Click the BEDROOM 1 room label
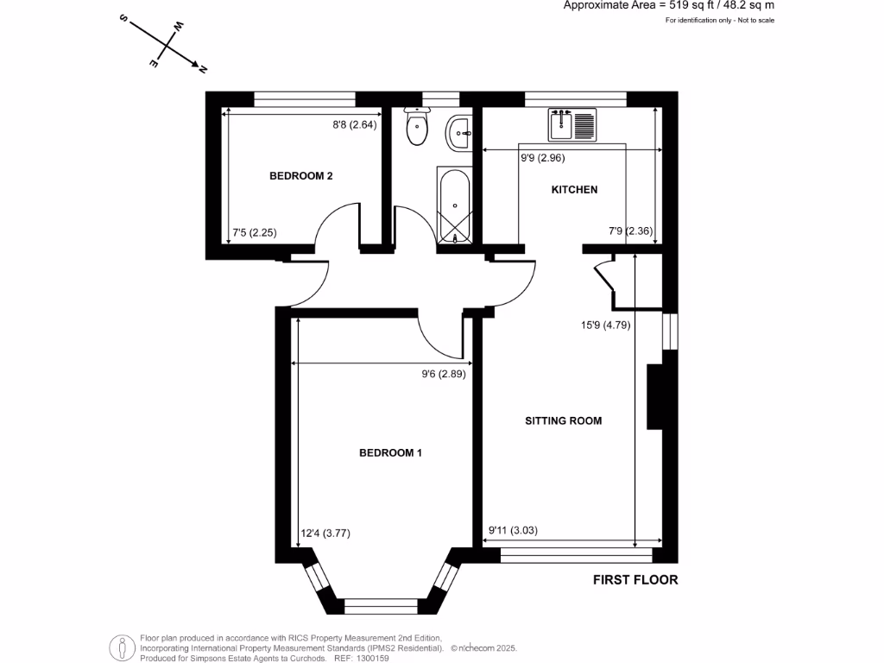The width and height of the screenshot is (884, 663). pos(390,452)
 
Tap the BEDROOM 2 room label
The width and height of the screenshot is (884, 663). pos(301,176)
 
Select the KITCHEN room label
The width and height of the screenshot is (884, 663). pos(574,190)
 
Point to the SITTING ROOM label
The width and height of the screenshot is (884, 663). pos(564,421)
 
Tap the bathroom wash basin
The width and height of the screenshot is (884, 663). pos(459,132)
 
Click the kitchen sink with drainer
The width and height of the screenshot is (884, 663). pos(571,124)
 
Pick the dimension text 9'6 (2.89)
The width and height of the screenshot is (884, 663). pos(444,375)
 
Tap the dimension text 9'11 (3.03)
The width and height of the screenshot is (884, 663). pos(513,531)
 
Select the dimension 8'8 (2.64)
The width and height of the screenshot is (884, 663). pos(357,125)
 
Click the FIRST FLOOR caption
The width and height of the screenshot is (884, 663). pos(635,580)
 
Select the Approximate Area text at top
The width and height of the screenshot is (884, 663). pos(668,5)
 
